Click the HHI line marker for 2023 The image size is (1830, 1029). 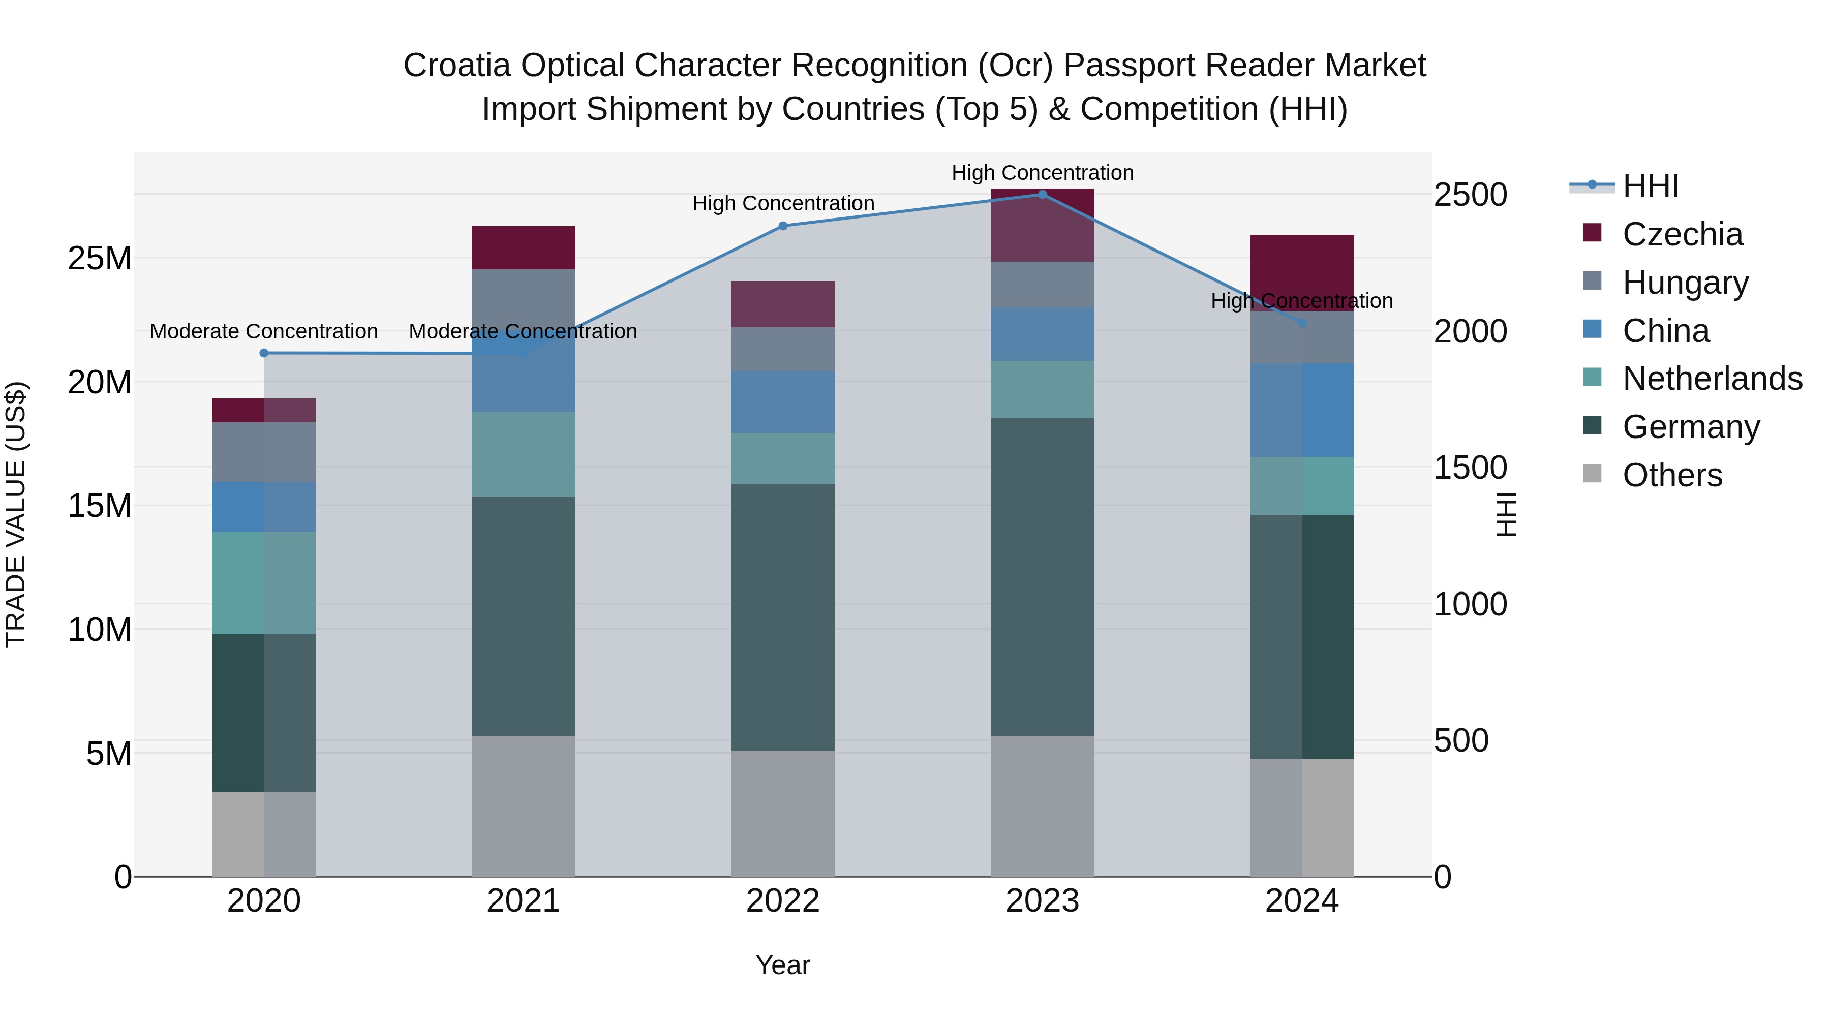(1042, 195)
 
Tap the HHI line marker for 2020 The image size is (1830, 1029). (263, 353)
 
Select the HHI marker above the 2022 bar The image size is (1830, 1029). (783, 226)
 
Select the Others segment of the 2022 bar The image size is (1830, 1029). (783, 813)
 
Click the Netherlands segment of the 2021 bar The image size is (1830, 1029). (523, 454)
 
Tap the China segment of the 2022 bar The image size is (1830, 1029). (783, 402)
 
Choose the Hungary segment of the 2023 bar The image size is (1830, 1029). (1042, 284)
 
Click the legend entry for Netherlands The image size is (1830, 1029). (1712, 379)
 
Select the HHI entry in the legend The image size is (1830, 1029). (1650, 186)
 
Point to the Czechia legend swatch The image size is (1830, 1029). (1592, 233)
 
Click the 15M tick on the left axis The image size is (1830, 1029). (100, 506)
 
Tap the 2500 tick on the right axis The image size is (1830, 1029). (1470, 195)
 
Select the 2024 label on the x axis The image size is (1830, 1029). (1301, 901)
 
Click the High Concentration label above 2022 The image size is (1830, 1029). (783, 203)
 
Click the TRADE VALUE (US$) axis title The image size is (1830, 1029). (16, 514)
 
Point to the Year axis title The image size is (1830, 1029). (783, 965)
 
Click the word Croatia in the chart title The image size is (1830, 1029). (457, 66)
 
